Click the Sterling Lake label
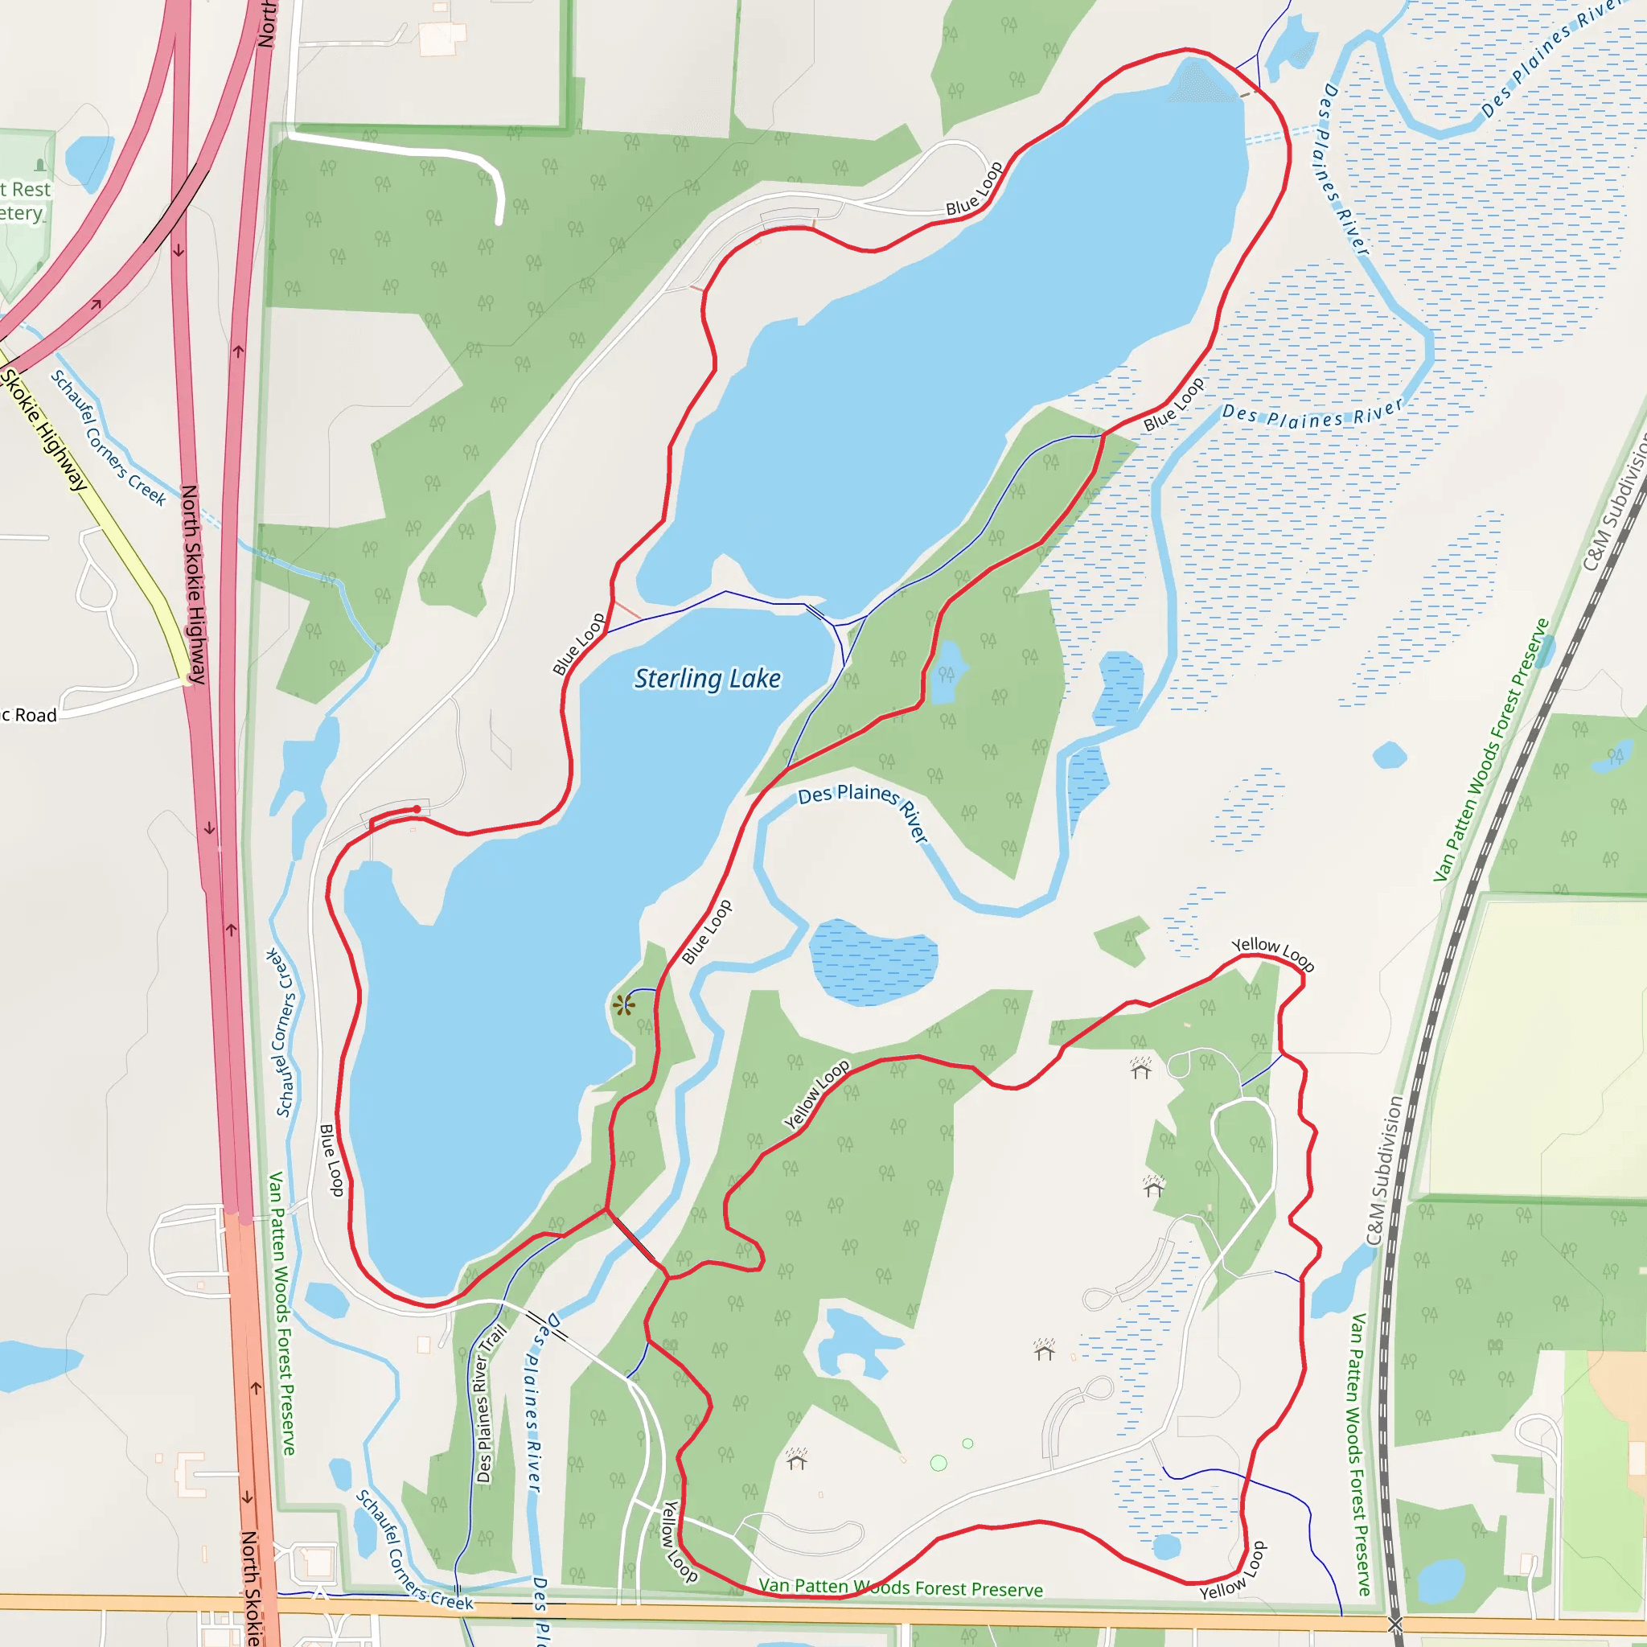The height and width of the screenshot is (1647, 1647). [x=707, y=679]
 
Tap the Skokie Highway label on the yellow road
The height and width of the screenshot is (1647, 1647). [x=44, y=429]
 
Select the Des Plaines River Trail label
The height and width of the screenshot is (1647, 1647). [x=491, y=1403]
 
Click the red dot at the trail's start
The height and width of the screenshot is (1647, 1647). [x=417, y=809]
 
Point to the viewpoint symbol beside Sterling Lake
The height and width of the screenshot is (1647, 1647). [x=623, y=1005]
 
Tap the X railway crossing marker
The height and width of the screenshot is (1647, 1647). [x=1395, y=1622]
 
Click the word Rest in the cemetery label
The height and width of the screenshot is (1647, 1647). [x=31, y=189]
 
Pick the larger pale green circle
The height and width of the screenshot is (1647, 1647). [x=939, y=1463]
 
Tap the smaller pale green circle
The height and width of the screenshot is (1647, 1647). [x=967, y=1444]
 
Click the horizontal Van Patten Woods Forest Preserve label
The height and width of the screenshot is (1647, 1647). [x=900, y=1587]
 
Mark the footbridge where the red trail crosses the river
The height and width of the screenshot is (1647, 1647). [x=631, y=1235]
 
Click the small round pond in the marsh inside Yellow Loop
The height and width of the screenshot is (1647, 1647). [x=1165, y=1546]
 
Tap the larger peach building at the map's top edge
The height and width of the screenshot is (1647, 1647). [x=443, y=37]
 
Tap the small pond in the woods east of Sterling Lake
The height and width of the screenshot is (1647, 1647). [x=947, y=672]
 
